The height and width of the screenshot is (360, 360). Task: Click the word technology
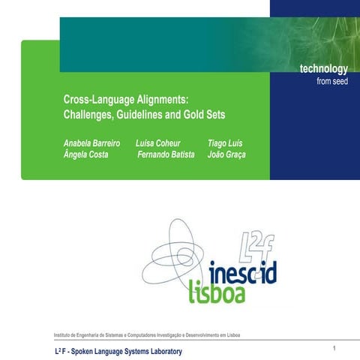(323, 70)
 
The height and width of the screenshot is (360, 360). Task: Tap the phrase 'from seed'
(331, 82)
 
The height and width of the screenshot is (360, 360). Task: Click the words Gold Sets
(202, 115)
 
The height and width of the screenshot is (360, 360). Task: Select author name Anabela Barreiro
(91, 142)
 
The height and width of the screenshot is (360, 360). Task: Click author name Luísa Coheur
(157, 142)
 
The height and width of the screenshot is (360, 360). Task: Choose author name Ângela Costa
(86, 154)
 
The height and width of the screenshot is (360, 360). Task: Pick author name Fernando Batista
(166, 154)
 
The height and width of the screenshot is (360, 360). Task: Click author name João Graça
(226, 154)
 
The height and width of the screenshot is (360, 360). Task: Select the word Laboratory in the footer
(159, 352)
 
